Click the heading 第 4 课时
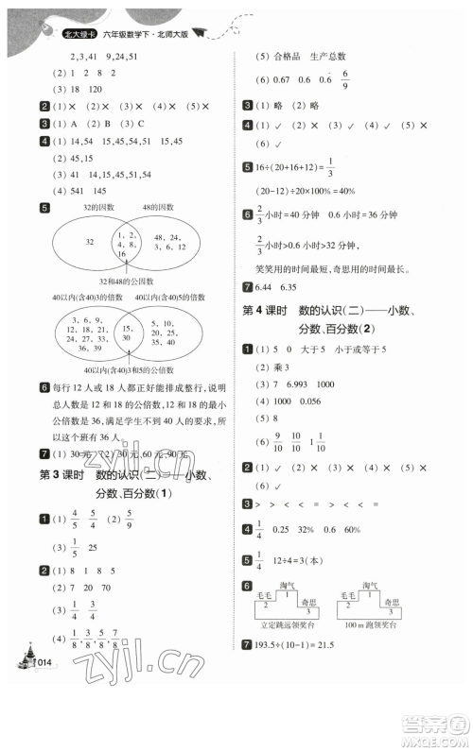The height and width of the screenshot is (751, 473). coord(259,313)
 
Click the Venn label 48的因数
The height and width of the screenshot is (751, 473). coord(157,207)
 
